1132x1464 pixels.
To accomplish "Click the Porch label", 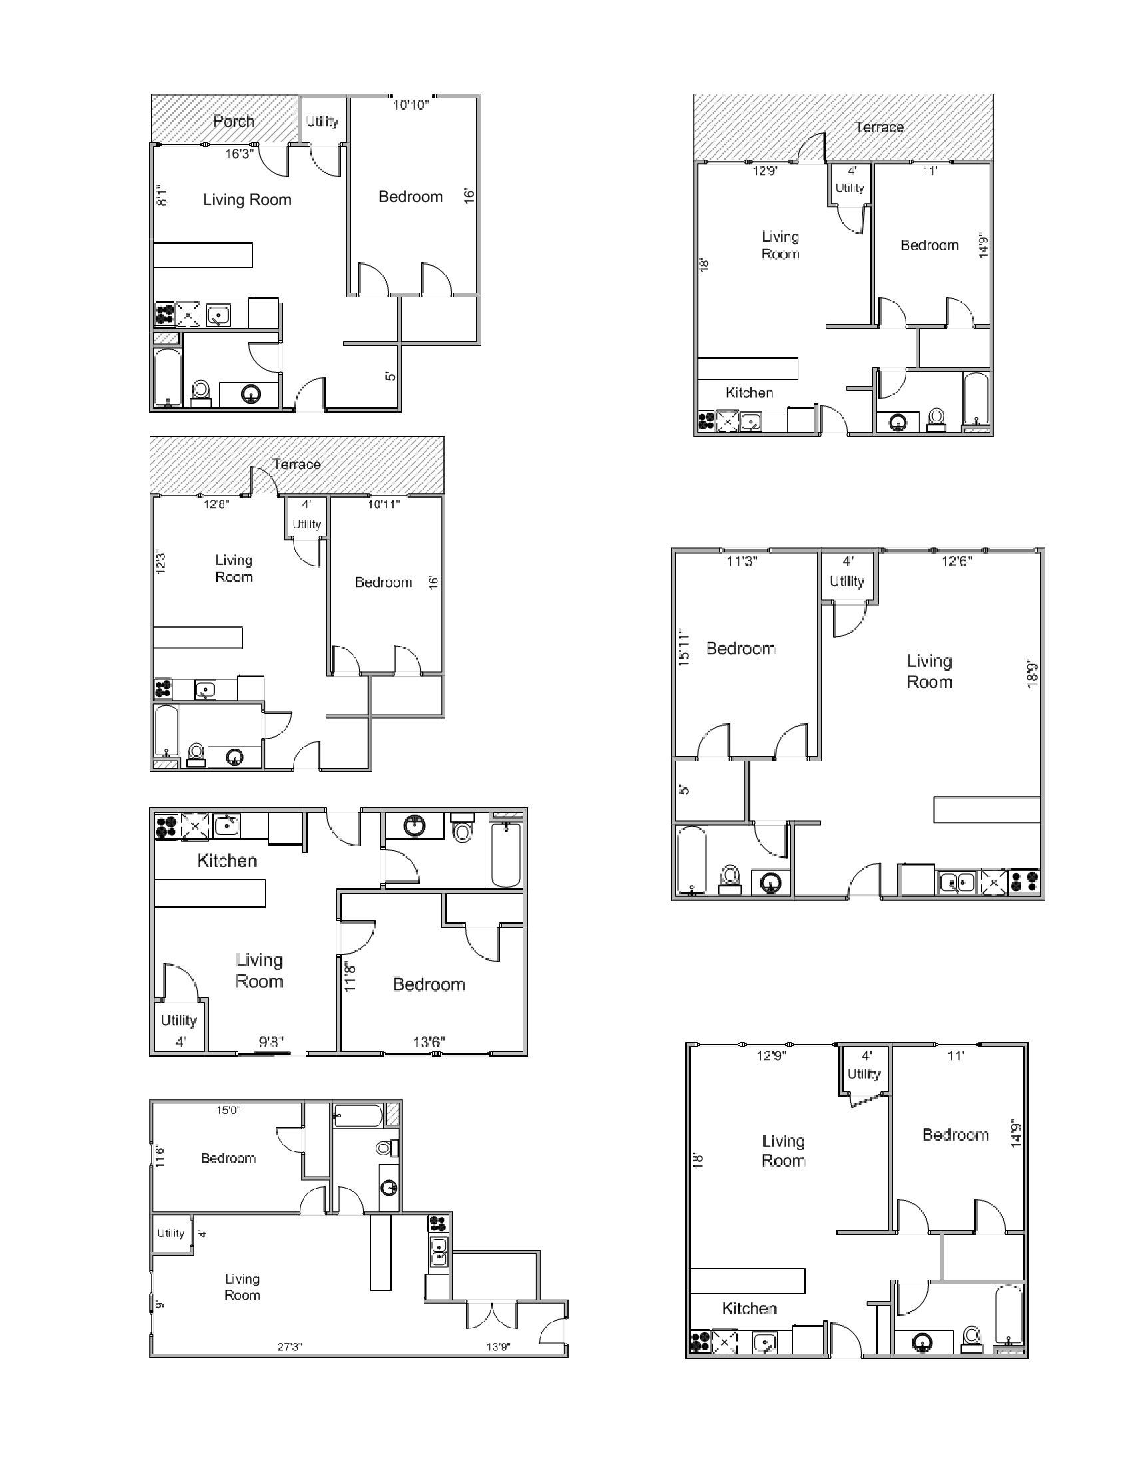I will [233, 121].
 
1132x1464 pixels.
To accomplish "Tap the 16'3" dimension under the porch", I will [239, 154].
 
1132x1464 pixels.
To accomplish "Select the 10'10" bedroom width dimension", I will [410, 105].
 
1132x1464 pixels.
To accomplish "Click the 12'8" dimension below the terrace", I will [216, 505].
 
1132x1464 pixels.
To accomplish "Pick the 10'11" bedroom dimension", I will [383, 505].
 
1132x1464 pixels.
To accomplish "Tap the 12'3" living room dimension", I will [160, 562].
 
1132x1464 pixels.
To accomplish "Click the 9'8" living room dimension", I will [272, 1041].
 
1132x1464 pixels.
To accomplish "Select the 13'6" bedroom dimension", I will [429, 1041].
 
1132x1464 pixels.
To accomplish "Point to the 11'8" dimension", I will [350, 977].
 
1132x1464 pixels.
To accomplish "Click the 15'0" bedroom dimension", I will [228, 1110].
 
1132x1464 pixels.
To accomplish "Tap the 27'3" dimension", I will [290, 1347].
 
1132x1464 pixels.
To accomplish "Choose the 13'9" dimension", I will [497, 1347].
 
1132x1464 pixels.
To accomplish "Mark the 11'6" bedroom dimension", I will [160, 1157].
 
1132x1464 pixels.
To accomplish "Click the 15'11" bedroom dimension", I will [683, 647].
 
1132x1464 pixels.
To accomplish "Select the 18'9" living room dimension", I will [1032, 675].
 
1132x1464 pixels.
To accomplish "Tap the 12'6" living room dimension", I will [956, 561].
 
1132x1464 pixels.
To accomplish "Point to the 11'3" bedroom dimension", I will [742, 561].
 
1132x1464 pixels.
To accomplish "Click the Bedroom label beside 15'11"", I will [740, 648].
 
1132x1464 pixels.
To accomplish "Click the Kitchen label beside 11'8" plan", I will [226, 860].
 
